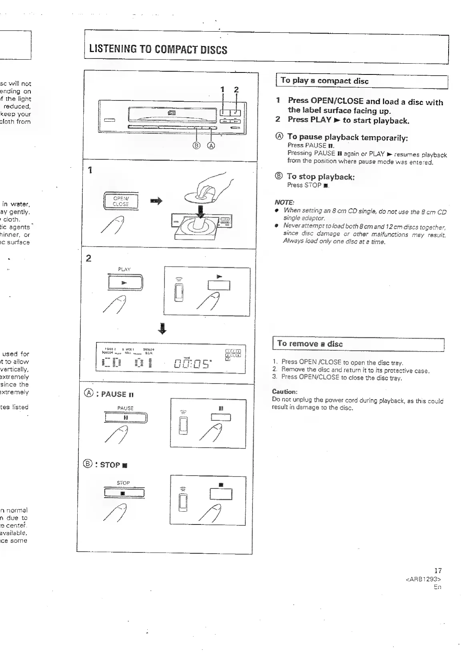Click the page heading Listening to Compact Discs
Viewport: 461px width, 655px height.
tap(158, 50)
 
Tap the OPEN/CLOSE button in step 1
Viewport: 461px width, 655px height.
tap(120, 201)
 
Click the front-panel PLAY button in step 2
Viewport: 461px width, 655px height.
tap(124, 283)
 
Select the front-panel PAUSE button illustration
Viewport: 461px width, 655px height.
tap(126, 417)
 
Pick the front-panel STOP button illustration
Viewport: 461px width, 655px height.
tap(124, 492)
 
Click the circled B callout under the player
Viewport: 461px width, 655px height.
tap(196, 145)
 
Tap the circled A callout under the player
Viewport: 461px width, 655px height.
tap(210, 145)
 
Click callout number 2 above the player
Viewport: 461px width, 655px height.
tap(236, 90)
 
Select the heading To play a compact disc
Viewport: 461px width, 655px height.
tap(325, 81)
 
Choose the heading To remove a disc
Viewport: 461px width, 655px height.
tap(310, 344)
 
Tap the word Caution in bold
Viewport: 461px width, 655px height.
tap(285, 392)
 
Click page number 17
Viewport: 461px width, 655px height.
tap(437, 571)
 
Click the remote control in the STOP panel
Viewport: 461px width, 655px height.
tap(183, 500)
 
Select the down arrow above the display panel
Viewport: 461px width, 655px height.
tap(162, 329)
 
